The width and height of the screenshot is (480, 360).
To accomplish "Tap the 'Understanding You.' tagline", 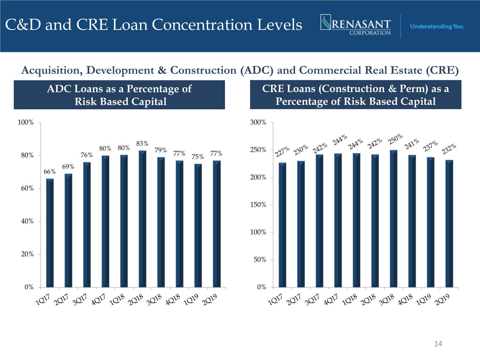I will point(437,26).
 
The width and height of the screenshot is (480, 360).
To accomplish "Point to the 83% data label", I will point(142,143).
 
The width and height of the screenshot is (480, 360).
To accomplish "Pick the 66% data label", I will point(49,172).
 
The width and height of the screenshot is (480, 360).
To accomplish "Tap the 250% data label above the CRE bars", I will point(396,139).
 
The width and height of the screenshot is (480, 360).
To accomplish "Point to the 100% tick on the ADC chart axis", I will point(26,122).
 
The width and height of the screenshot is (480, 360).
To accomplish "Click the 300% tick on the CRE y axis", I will point(258,122).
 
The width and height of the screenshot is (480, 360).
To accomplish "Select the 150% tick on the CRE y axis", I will point(258,205).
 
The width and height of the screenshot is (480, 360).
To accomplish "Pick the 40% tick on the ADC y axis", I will point(27,221).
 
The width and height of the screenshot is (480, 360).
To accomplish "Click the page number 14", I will point(438,343).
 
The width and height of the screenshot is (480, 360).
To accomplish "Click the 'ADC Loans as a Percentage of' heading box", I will point(119,95).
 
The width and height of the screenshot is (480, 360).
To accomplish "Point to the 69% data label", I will point(68,166).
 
